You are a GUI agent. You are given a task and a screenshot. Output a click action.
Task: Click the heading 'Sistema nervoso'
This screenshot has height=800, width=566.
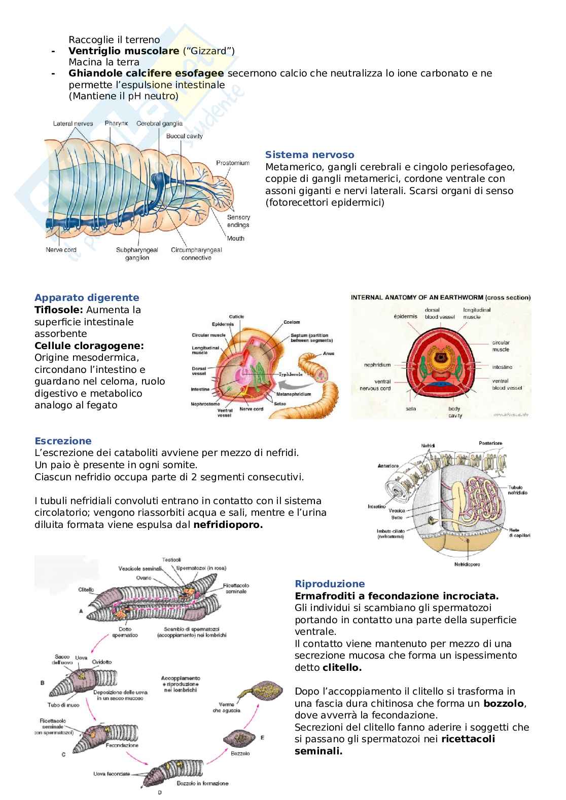pyautogui.click(x=309, y=155)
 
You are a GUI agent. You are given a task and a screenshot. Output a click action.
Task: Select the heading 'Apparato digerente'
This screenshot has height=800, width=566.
pyautogui.click(x=87, y=298)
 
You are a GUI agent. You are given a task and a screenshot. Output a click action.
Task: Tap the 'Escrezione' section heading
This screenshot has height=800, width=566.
pyautogui.click(x=63, y=441)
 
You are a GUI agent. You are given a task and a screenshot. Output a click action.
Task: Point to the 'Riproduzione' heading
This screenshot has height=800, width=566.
pyautogui.click(x=330, y=584)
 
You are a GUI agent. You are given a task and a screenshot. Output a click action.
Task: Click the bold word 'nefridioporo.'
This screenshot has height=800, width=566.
pyautogui.click(x=228, y=525)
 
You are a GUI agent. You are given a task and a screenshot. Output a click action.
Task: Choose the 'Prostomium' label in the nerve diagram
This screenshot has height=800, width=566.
pyautogui.click(x=233, y=163)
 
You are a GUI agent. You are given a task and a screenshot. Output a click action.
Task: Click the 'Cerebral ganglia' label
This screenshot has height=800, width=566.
pyautogui.click(x=159, y=124)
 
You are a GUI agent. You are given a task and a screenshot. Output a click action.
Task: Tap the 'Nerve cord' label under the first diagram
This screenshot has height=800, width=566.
pyautogui.click(x=61, y=250)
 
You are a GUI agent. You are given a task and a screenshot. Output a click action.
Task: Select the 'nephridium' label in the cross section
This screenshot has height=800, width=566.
pyautogui.click(x=377, y=365)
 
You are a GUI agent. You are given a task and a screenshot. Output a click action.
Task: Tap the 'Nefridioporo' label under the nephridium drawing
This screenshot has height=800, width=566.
pyautogui.click(x=467, y=564)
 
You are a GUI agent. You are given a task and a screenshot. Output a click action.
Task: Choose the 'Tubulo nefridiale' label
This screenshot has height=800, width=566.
pyautogui.click(x=517, y=490)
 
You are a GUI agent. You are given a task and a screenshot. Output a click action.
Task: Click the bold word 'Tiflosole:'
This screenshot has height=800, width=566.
pyautogui.click(x=59, y=310)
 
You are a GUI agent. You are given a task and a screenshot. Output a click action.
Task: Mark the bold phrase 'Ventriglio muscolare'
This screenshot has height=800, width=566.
pyautogui.click(x=124, y=51)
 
